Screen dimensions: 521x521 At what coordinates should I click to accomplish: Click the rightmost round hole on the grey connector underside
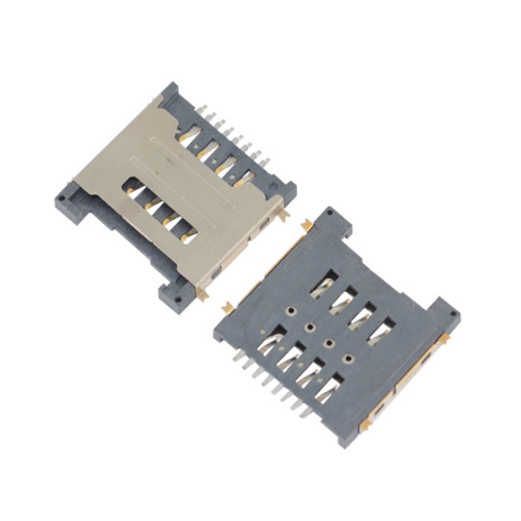pyautogui.click(x=349, y=358)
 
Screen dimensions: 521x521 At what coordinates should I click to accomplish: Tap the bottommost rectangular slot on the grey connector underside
pyautogui.click(x=330, y=389)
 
